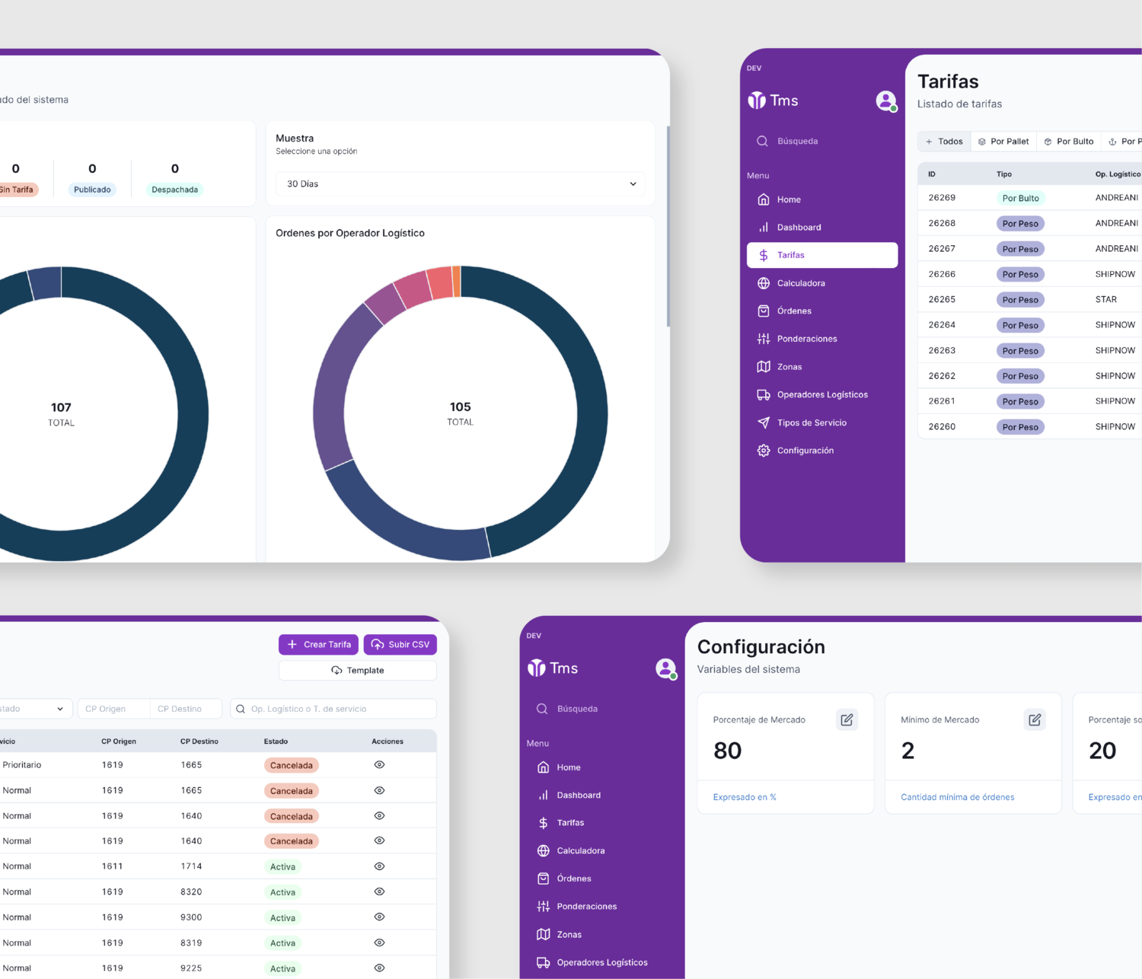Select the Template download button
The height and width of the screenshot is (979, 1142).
pos(358,670)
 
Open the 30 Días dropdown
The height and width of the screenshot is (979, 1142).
pos(460,183)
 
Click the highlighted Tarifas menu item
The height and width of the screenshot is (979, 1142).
pos(822,255)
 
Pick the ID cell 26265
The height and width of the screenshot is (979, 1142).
pos(942,299)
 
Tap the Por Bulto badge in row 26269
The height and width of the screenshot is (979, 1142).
pos(1020,198)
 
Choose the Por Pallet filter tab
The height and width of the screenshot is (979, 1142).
pos(1003,142)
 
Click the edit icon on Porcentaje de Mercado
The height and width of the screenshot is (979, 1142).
pos(847,719)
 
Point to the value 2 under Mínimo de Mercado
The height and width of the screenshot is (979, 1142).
pos(908,751)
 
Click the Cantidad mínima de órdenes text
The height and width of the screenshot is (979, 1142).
pos(957,797)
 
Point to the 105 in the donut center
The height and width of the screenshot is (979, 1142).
pos(460,407)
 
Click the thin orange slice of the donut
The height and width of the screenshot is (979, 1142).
pos(457,281)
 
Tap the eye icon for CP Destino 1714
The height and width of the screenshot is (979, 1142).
pos(379,866)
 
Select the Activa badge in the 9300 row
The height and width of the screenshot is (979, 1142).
pos(282,917)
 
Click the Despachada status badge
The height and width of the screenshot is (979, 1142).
pos(174,190)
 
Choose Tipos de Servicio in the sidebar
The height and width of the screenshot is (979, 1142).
pos(812,423)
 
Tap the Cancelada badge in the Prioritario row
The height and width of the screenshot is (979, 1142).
pos(291,765)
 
